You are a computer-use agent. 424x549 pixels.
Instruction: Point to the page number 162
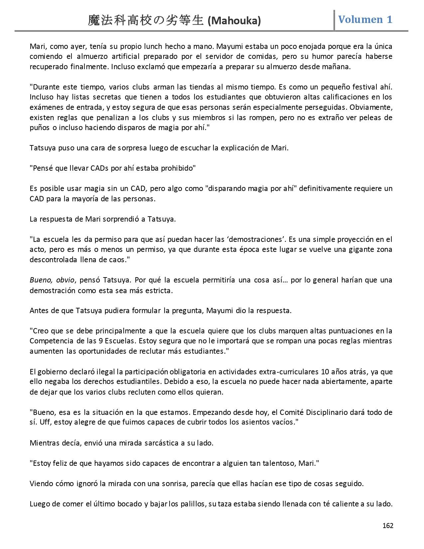click(x=388, y=526)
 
